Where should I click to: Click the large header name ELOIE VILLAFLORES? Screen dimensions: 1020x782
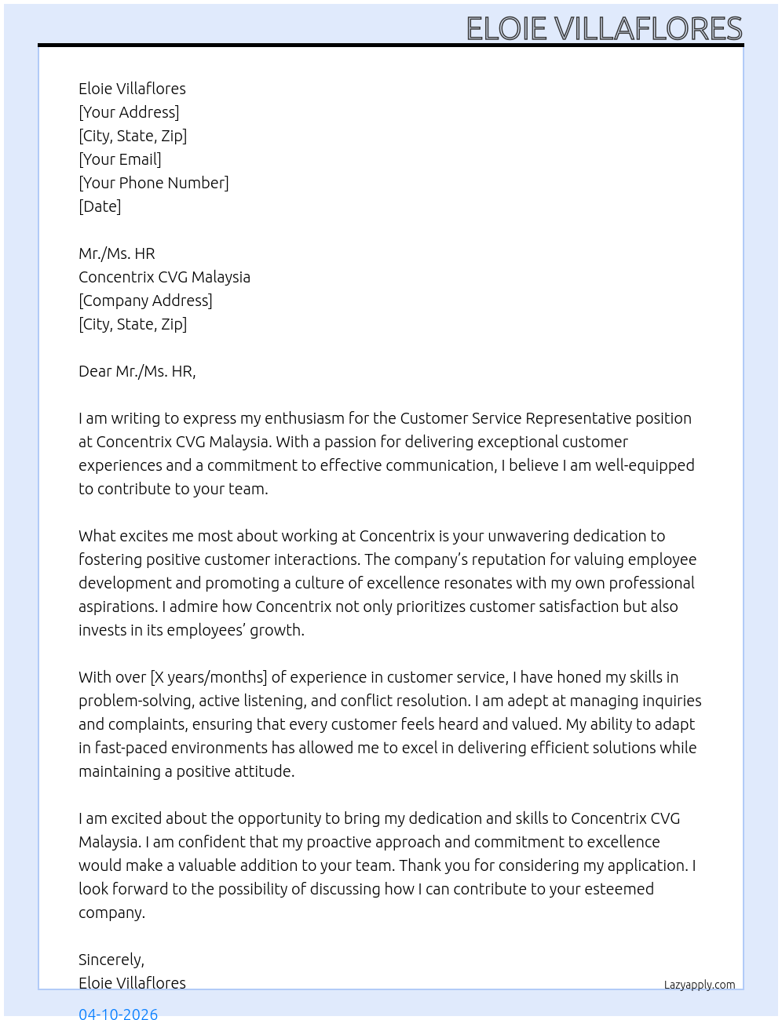pyautogui.click(x=604, y=29)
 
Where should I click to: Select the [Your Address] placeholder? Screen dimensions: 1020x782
pyautogui.click(x=129, y=112)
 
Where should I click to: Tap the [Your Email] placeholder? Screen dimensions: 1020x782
pyautogui.click(x=120, y=159)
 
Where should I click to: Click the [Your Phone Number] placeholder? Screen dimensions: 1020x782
pyautogui.click(x=154, y=183)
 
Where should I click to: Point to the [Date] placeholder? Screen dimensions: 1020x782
pyautogui.click(x=100, y=206)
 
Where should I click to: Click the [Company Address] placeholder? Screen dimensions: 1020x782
pyautogui.click(x=145, y=301)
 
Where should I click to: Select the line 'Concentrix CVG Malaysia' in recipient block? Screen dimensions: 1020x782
pyautogui.click(x=164, y=277)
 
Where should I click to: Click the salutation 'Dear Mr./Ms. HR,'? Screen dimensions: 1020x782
pyautogui.click(x=137, y=371)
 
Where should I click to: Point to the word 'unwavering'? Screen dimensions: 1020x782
pyautogui.click(x=528, y=536)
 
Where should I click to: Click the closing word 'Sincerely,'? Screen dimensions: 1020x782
pyautogui.click(x=111, y=960)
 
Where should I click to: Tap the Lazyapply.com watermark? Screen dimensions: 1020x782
pyautogui.click(x=700, y=985)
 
